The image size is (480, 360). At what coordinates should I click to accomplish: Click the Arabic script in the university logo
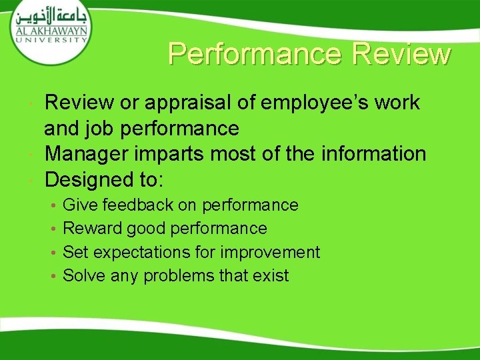click(x=51, y=17)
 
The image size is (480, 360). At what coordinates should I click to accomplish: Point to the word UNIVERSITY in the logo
click(x=50, y=39)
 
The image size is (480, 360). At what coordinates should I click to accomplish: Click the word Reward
click(x=89, y=229)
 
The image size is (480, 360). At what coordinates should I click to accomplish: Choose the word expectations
click(x=154, y=253)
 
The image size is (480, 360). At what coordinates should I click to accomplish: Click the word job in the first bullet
click(x=99, y=128)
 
